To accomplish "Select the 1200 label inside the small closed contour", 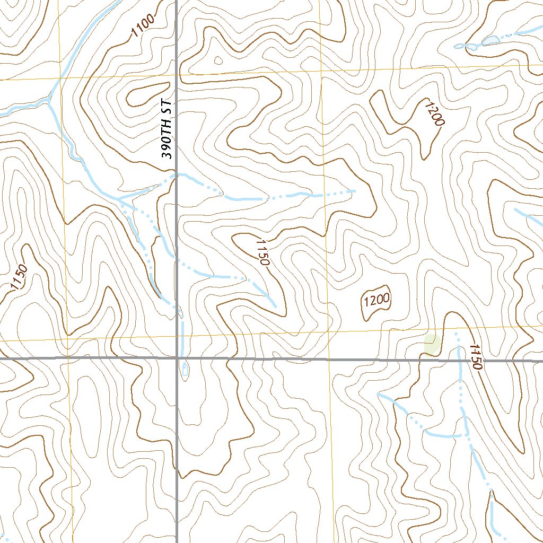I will click(377, 301).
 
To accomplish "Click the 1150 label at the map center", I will click(262, 252).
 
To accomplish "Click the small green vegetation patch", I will click(433, 344).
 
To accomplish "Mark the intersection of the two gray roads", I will click(177, 358).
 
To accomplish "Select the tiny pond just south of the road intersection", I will click(184, 370).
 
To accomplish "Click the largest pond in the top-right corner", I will click(491, 40).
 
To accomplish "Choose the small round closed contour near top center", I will click(217, 60).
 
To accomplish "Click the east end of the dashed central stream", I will click(354, 190).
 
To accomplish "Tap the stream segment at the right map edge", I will click(530, 217).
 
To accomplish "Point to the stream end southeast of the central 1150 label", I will click(275, 305).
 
